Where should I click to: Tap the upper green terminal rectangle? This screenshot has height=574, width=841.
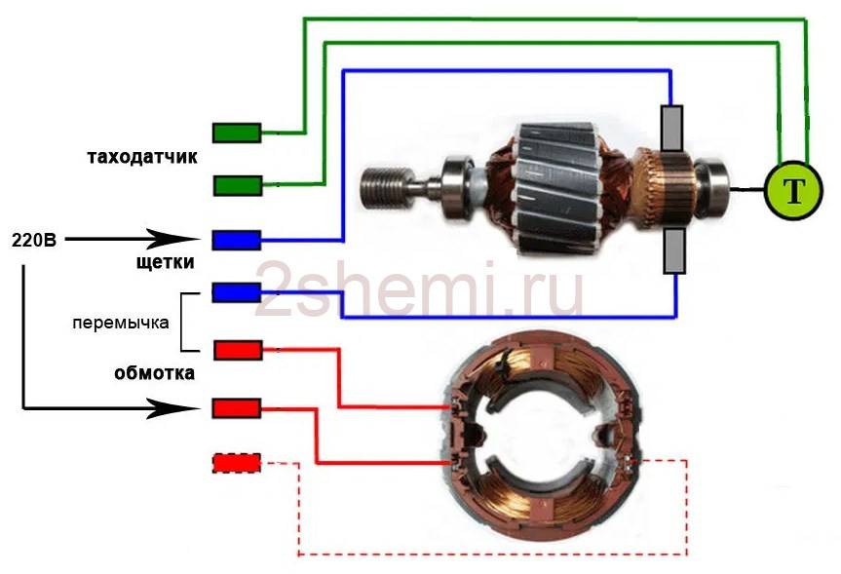237,133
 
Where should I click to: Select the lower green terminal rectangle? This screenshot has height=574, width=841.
237,184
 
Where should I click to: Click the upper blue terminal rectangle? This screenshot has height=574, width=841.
237,239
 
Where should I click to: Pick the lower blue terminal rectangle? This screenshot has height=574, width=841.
237,291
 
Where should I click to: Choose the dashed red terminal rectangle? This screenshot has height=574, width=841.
237,463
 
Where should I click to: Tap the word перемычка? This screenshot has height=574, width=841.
122,321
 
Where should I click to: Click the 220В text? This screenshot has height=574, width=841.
33,239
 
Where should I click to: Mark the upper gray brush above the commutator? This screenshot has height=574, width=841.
672,128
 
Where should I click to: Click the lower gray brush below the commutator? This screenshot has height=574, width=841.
672,250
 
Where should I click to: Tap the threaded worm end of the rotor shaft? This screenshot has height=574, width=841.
385,185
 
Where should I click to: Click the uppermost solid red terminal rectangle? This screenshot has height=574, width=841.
237,349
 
